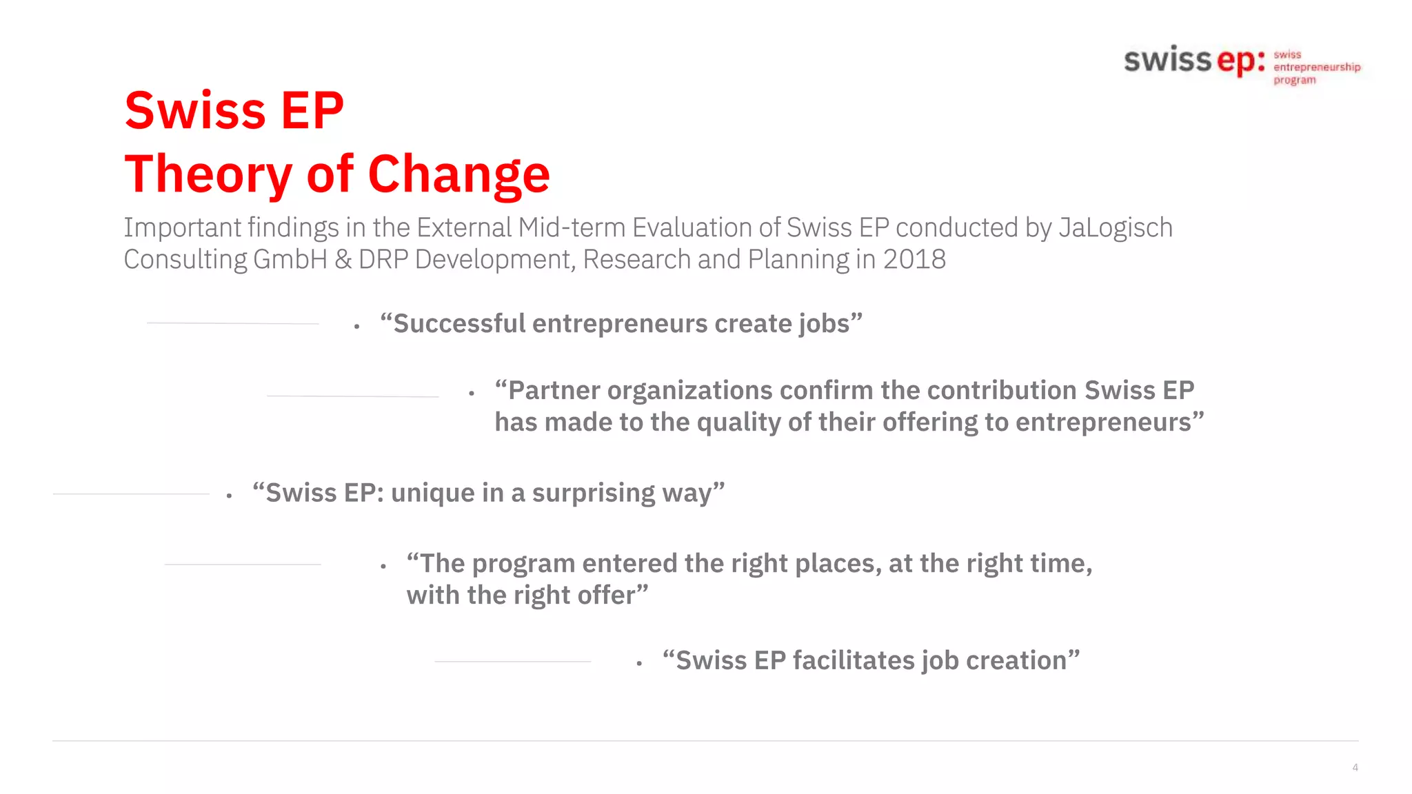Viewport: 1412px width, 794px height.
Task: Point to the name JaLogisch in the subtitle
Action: point(1115,228)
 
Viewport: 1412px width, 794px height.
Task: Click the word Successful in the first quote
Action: point(459,324)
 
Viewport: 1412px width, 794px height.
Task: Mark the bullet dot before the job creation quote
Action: point(639,664)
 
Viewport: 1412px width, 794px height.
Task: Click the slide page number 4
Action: point(1355,767)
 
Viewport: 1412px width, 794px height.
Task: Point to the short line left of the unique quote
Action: point(131,493)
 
